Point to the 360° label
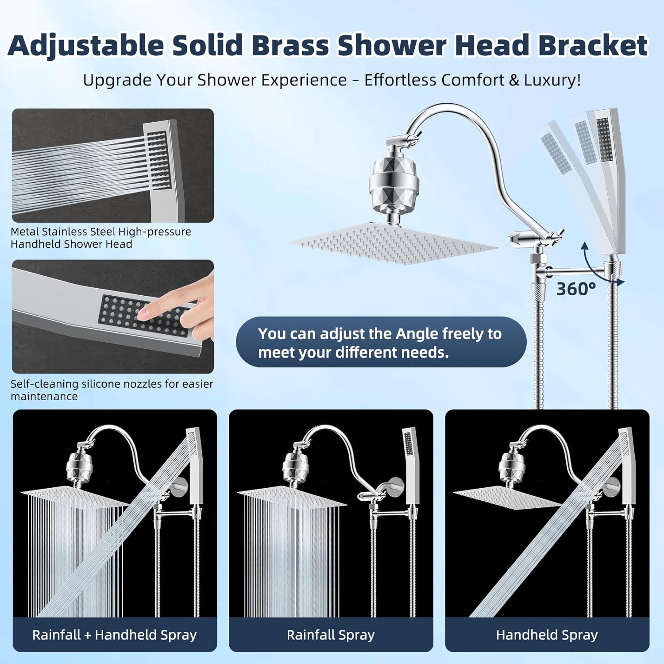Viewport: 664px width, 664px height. click(575, 289)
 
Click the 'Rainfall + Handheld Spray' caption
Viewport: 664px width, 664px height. click(114, 635)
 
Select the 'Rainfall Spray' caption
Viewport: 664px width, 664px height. click(330, 635)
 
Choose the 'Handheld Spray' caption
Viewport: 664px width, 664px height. click(547, 635)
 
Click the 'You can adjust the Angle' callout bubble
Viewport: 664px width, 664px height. click(381, 342)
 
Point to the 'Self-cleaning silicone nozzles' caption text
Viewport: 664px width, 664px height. click(112, 390)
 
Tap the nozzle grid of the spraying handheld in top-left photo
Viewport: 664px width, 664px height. click(158, 159)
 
